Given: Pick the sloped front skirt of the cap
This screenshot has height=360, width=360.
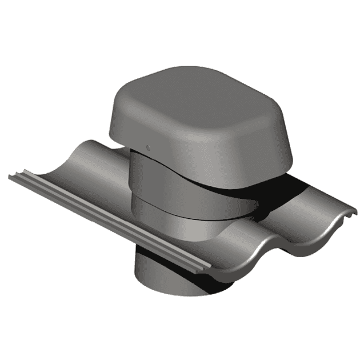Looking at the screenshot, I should tap(229, 154).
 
